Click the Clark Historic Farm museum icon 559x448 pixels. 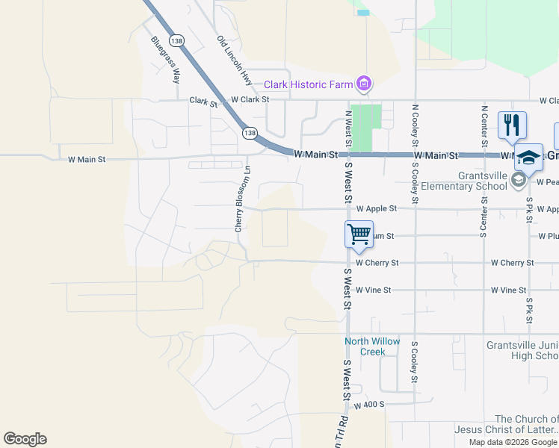(x=364, y=84)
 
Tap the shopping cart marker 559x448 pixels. (x=359, y=234)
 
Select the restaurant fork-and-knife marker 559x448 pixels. (x=512, y=125)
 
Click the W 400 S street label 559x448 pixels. (x=369, y=405)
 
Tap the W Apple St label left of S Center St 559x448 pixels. (x=377, y=209)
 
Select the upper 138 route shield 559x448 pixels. (x=176, y=40)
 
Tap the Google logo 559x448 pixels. (x=25, y=439)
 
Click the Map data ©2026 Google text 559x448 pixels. (x=512, y=442)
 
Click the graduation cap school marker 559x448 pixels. (x=528, y=158)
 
